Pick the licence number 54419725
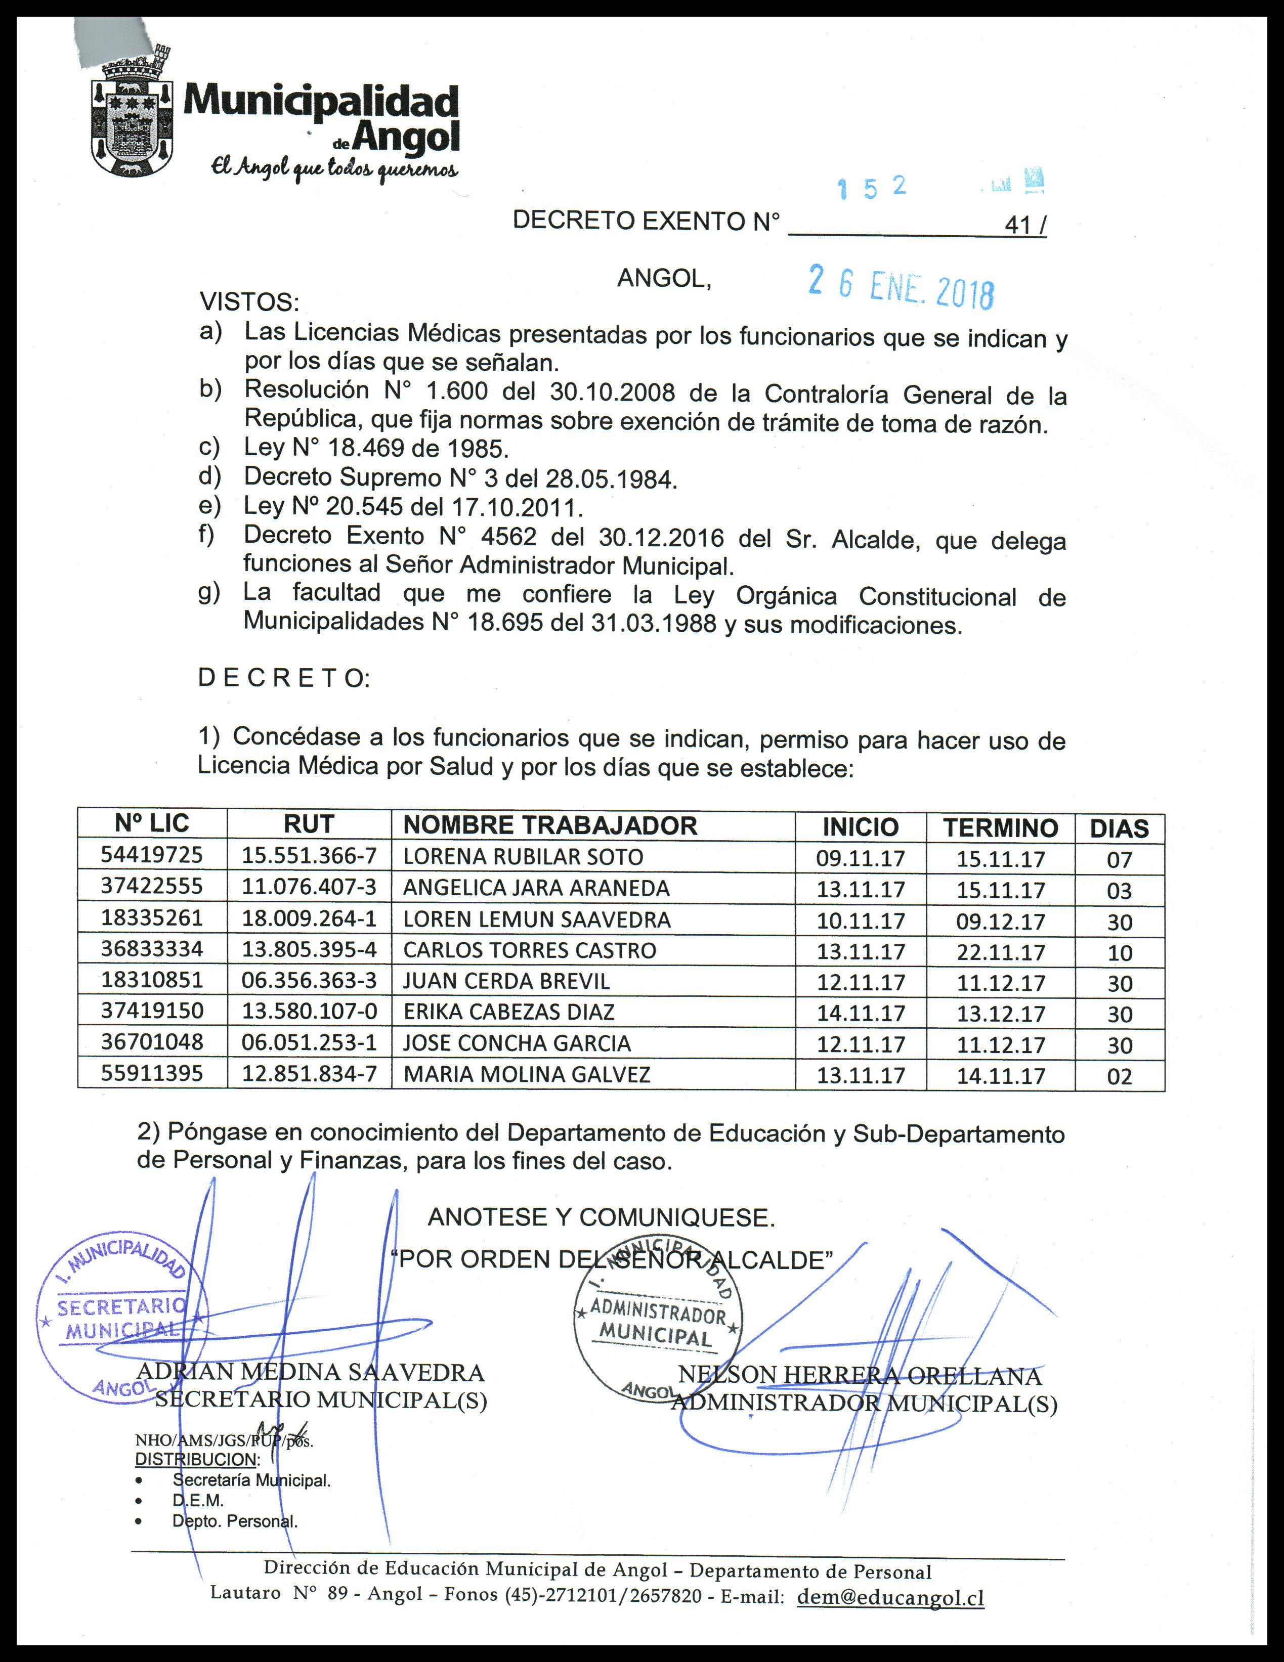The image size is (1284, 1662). click(x=152, y=855)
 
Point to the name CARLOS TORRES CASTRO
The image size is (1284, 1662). click(x=529, y=950)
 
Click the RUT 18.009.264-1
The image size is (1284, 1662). click(x=309, y=919)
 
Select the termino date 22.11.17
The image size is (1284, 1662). click(x=1000, y=952)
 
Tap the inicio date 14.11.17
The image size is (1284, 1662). click(x=861, y=1014)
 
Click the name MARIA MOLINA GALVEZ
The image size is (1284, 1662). click(x=527, y=1074)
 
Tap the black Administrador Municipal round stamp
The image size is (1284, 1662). click(x=658, y=1323)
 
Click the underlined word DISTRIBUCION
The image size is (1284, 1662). click(x=196, y=1459)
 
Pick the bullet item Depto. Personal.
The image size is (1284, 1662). click(x=234, y=1521)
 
